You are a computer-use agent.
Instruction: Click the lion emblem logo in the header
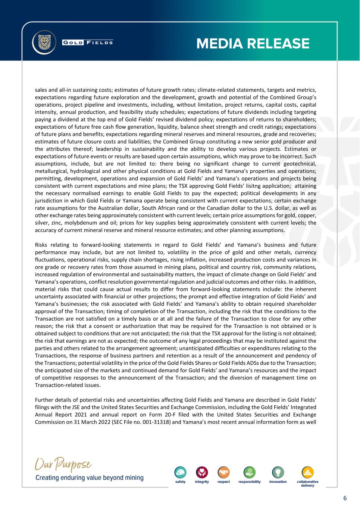44,42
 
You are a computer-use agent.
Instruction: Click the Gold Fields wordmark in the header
88,42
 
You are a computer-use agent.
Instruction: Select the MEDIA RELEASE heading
253,44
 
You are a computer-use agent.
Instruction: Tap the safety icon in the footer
181,472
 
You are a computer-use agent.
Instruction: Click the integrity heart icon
202,472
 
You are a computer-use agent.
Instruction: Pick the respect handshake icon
223,472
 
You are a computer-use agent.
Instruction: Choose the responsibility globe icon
249,472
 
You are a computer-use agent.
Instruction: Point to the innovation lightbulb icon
278,472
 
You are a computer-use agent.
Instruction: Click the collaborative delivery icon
307,472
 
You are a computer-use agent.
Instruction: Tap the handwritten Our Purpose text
63,465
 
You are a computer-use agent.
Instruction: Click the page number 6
345,498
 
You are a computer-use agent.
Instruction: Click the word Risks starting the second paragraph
43,245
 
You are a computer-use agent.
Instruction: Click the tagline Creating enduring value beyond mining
89,478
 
